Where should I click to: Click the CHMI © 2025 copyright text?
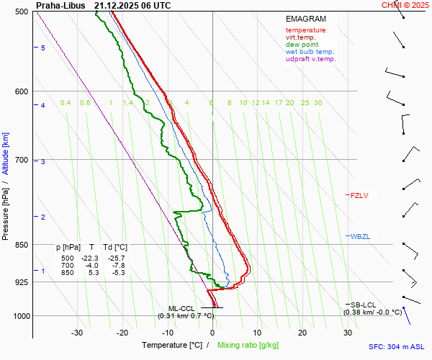[405, 5]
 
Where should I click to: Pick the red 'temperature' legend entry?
[305, 30]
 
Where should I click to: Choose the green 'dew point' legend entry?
[302, 45]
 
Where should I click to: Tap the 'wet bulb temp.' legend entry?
[310, 52]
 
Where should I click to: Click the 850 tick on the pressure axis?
[22, 245]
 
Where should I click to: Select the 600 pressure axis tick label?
[22, 91]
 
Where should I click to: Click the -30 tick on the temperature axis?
[77, 333]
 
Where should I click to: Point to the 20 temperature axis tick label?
[302, 333]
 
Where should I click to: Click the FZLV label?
[359, 195]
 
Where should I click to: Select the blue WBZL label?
[359, 236]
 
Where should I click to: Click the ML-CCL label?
[181, 308]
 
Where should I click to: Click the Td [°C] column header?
[114, 247]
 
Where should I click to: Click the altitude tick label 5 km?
[42, 48]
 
